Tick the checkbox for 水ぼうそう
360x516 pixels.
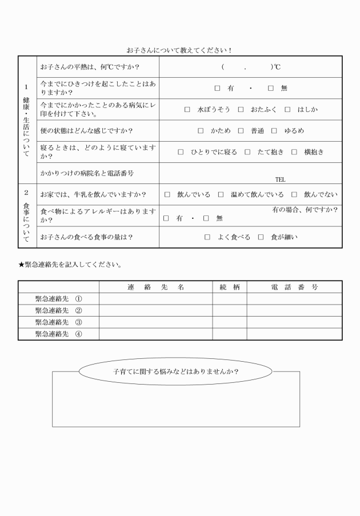pos(187,109)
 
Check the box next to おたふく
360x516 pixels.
pos(241,109)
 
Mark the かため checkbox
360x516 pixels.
pos(201,131)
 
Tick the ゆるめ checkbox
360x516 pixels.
pos(274,131)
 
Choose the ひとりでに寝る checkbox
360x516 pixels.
pos(181,152)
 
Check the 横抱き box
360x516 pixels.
pos(294,152)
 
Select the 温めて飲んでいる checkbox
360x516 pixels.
pos(221,195)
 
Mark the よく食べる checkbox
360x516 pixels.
pos(207,237)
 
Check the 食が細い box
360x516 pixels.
pos(261,237)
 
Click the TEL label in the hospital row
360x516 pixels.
pos(280,179)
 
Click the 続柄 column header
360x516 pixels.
pos(229,287)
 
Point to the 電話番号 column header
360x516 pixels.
pos(294,287)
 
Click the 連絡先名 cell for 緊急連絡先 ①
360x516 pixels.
pos(155,299)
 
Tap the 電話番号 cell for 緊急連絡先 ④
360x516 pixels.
pos(294,334)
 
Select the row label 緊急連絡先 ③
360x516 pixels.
pos(58,322)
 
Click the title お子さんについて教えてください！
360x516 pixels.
pos(179,50)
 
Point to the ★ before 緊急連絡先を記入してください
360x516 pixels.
pos(21,265)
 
